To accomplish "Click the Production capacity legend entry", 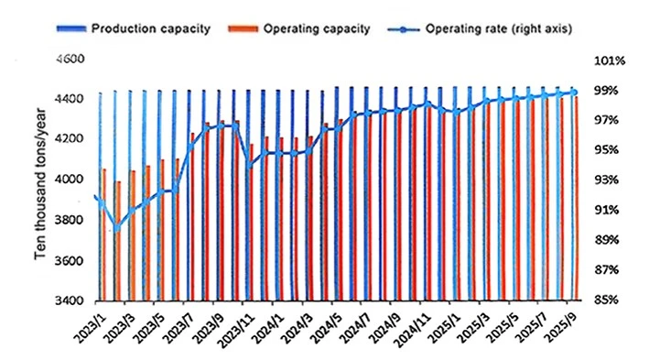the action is tap(134, 29).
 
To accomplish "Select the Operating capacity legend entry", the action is tap(298, 29).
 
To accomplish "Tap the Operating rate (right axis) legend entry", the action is tap(480, 29).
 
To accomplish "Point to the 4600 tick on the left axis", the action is tap(70, 59).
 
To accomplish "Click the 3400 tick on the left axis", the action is tap(70, 300).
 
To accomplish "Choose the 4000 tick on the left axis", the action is tap(70, 180).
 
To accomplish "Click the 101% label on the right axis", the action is tap(610, 60).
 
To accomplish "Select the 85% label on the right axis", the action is tap(606, 300).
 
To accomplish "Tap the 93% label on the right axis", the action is tap(606, 180).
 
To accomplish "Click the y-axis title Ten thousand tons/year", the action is tap(40, 184).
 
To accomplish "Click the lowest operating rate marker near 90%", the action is tap(117, 227).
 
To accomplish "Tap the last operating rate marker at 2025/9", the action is tap(574, 93).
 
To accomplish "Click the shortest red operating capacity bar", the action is tap(118, 241).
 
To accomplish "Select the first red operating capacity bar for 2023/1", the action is tap(103, 235).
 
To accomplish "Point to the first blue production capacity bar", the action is tap(100, 196).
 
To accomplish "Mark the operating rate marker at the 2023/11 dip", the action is tap(250, 166).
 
